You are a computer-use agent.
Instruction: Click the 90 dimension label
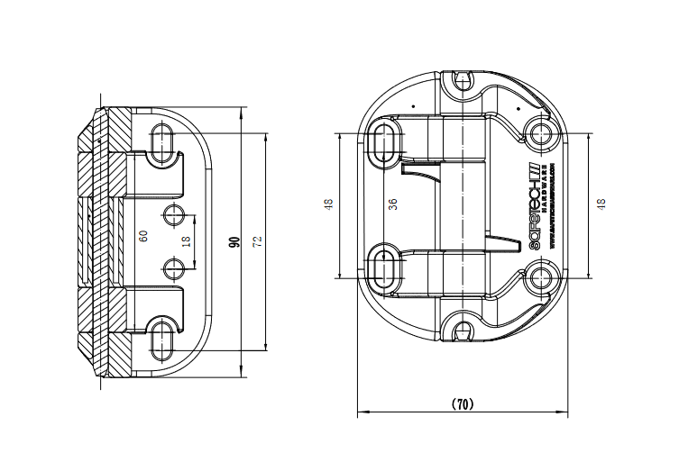click(x=234, y=241)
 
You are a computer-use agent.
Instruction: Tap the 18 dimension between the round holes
click(x=186, y=241)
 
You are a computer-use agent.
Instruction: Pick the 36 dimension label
click(x=392, y=204)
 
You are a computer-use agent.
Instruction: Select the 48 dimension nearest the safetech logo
click(x=600, y=204)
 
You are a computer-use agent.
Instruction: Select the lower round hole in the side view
click(x=174, y=267)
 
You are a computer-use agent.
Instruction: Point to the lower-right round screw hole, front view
click(x=542, y=276)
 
